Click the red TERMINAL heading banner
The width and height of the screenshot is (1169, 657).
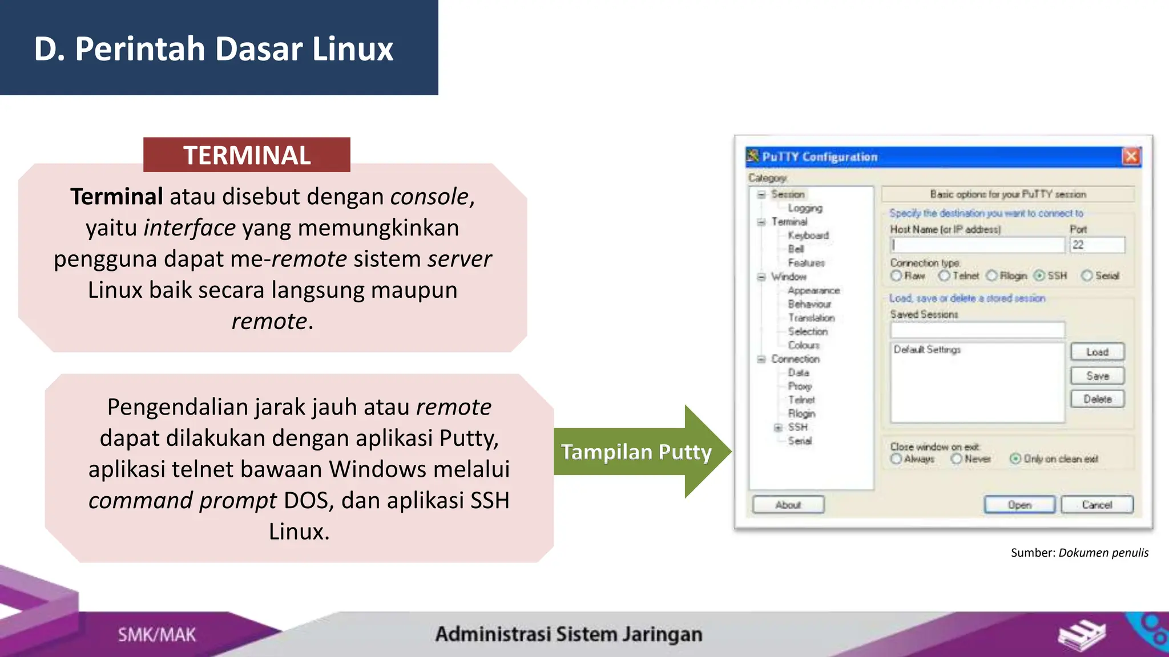[247, 155]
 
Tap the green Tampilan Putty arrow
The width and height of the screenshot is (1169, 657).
[636, 452]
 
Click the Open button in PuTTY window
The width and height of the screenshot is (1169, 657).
[1019, 505]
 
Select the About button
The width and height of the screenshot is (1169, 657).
[788, 505]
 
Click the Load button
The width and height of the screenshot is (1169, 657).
[1097, 352]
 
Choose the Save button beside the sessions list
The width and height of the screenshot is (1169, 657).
[1097, 376]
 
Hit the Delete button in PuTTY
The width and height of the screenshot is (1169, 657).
[1097, 399]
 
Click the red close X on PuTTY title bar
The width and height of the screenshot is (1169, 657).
[1131, 156]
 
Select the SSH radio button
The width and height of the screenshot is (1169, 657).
[1040, 276]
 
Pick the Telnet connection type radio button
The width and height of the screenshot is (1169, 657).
[945, 276]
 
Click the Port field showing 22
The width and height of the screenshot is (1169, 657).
[1097, 245]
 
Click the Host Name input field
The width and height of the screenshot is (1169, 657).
[977, 245]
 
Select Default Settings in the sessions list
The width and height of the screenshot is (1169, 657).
[927, 350]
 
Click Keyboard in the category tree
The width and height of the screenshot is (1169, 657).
[808, 236]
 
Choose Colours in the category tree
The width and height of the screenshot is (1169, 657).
[803, 345]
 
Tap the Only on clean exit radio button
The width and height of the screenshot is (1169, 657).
[1015, 459]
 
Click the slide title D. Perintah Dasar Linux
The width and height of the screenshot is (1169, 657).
[213, 48]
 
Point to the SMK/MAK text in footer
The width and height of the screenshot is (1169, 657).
[157, 635]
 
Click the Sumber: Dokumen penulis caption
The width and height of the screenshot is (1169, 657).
[1079, 553]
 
